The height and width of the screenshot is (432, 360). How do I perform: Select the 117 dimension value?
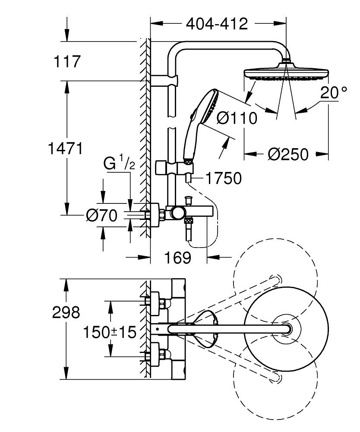(67, 62)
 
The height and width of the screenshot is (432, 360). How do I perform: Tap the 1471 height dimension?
(65, 149)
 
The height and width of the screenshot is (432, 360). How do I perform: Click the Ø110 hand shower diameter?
(237, 118)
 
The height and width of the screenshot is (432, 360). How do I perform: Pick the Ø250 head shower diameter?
(288, 154)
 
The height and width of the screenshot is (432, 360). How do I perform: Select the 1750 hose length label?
(223, 178)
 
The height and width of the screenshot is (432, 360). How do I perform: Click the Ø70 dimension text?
(102, 215)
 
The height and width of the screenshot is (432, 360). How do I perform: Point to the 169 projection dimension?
(178, 258)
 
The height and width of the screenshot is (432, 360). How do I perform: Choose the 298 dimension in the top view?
(66, 312)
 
